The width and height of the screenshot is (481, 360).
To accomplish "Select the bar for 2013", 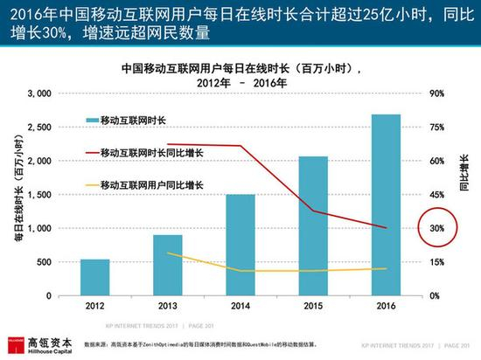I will (168, 265).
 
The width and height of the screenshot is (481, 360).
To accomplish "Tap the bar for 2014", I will (240, 245).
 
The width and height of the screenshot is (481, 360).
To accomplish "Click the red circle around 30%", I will (438, 229).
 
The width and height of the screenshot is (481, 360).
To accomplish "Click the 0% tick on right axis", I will (435, 296).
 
